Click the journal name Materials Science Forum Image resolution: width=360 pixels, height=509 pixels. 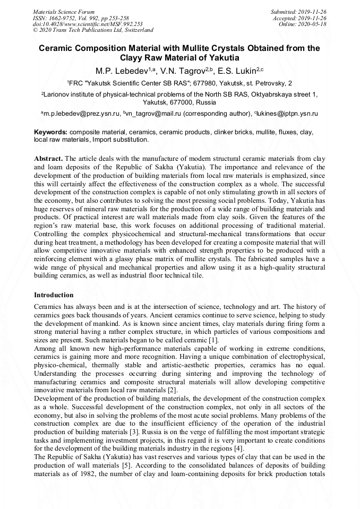point(63,12)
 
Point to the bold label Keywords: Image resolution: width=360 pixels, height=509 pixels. point(50,132)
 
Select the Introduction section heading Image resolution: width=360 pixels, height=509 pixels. point(54,295)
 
